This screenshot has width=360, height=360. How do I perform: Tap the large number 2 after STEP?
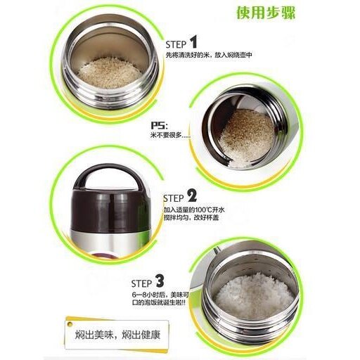(191, 196)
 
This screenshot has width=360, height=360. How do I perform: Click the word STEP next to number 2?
(173, 198)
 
